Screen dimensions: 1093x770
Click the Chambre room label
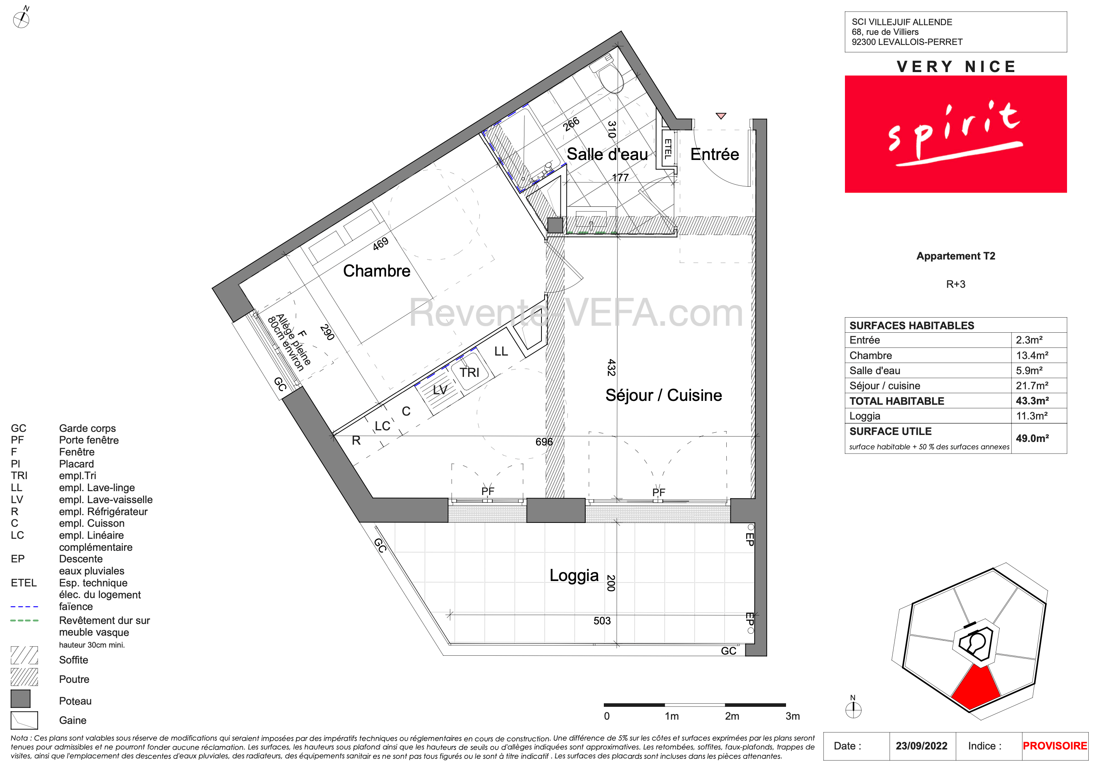click(377, 271)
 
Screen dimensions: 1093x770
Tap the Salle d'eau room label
click(607, 154)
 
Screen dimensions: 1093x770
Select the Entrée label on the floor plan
click(715, 154)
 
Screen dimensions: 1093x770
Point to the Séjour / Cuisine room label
click(664, 395)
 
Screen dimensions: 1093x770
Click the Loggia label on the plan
click(574, 576)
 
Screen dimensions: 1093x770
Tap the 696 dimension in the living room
click(544, 442)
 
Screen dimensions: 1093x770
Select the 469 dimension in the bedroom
click(380, 244)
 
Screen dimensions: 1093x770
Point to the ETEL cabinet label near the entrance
click(668, 148)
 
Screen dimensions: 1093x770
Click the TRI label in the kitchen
click(469, 372)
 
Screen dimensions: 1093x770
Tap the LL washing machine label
click(501, 351)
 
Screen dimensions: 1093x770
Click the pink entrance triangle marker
click(721, 115)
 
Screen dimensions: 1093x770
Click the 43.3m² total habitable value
click(1032, 400)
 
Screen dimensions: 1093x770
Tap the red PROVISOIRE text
click(1055, 746)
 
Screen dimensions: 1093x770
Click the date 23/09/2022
click(921, 746)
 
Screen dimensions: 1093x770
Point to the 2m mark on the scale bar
click(732, 716)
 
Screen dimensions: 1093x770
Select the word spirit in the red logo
click(955, 133)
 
